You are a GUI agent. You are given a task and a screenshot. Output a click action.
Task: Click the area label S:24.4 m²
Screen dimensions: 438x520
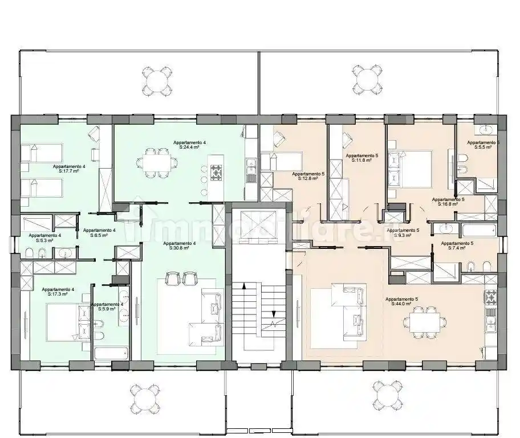(x=189, y=147)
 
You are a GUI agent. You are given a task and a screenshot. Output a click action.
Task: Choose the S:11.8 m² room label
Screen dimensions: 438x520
(x=362, y=160)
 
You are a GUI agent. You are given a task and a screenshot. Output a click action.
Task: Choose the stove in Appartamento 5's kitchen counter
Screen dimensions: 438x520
(x=490, y=297)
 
